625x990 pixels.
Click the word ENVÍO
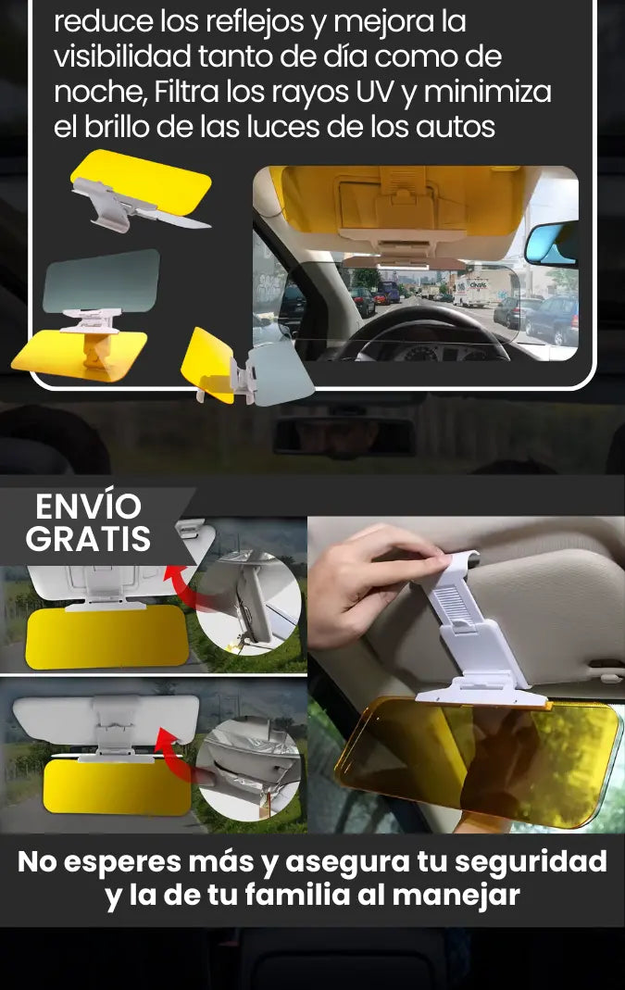[x=88, y=506]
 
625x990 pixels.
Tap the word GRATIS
[x=88, y=539]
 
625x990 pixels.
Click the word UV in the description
[x=375, y=92]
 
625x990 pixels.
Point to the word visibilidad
[x=122, y=56]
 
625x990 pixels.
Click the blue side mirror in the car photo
[x=552, y=243]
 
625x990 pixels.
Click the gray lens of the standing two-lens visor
[x=102, y=281]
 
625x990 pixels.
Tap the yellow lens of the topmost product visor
[x=142, y=179]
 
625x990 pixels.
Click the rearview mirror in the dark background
[x=344, y=434]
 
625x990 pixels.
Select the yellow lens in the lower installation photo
[x=117, y=786]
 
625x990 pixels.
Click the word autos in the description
[x=456, y=127]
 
